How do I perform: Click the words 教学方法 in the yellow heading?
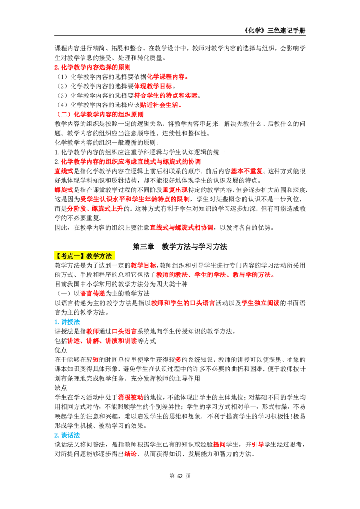click(99, 256)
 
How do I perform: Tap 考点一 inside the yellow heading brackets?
click(69, 256)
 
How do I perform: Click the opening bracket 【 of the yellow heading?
click(57, 256)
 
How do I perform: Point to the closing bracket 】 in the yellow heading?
click(83, 256)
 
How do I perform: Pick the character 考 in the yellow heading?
click(63, 256)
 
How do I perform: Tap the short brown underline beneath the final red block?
click(135, 459)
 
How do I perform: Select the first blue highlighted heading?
click(67, 322)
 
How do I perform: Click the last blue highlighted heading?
click(67, 435)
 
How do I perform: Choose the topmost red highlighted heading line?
click(93, 67)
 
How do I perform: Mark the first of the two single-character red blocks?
click(95, 359)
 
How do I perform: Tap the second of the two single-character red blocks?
click(178, 359)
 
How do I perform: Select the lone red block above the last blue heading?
click(130, 397)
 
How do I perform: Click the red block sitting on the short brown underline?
click(130, 454)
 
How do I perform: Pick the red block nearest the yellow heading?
click(144, 265)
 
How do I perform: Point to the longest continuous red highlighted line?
click(130, 161)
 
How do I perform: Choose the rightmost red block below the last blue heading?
click(257, 444)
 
